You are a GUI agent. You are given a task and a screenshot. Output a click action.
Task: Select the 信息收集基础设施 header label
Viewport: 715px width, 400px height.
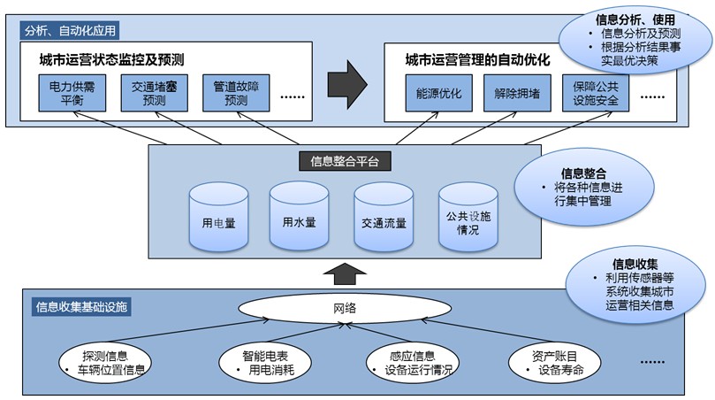(81, 307)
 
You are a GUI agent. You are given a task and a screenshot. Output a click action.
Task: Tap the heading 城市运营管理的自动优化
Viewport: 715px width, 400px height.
(477, 61)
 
